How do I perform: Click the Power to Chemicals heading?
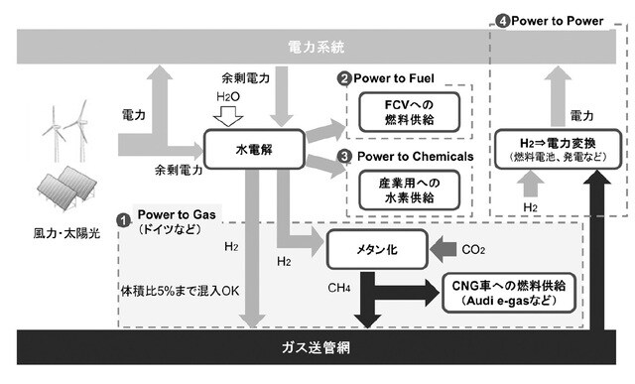click(x=411, y=156)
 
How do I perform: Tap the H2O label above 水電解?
click(x=228, y=97)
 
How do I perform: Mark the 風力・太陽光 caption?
click(x=60, y=237)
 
